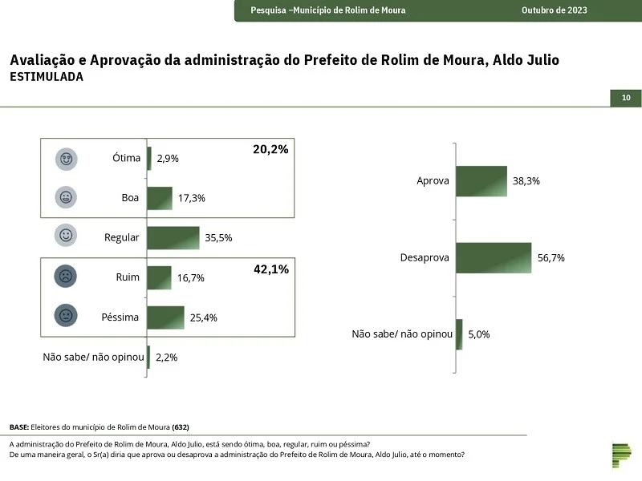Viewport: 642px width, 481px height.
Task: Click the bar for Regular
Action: (x=173, y=238)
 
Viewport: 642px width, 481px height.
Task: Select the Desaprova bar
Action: (x=494, y=258)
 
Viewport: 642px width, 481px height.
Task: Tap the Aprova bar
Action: (x=481, y=181)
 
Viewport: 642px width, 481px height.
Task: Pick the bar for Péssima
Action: (x=166, y=317)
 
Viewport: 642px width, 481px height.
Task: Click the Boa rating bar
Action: (x=160, y=198)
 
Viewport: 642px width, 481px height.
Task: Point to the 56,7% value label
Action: (x=551, y=258)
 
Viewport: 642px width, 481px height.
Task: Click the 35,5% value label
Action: (x=218, y=238)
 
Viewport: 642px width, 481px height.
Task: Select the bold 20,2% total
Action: (x=270, y=150)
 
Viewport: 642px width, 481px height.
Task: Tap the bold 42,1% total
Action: (x=271, y=269)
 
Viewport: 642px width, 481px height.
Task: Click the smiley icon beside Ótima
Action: (x=67, y=159)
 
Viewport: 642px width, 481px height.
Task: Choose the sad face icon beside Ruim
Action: (x=66, y=276)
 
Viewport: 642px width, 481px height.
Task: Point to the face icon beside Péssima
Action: (x=66, y=315)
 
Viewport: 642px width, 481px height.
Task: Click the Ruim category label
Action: (x=128, y=277)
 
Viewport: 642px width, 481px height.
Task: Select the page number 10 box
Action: (x=626, y=98)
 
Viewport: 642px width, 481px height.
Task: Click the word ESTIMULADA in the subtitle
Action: (x=47, y=77)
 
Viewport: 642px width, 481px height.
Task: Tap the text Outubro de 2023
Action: (x=555, y=10)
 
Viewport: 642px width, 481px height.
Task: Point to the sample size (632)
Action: (x=181, y=427)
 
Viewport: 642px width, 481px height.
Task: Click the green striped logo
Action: (x=622, y=455)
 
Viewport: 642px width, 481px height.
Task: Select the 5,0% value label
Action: (x=479, y=334)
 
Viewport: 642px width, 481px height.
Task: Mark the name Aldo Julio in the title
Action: (x=526, y=60)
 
